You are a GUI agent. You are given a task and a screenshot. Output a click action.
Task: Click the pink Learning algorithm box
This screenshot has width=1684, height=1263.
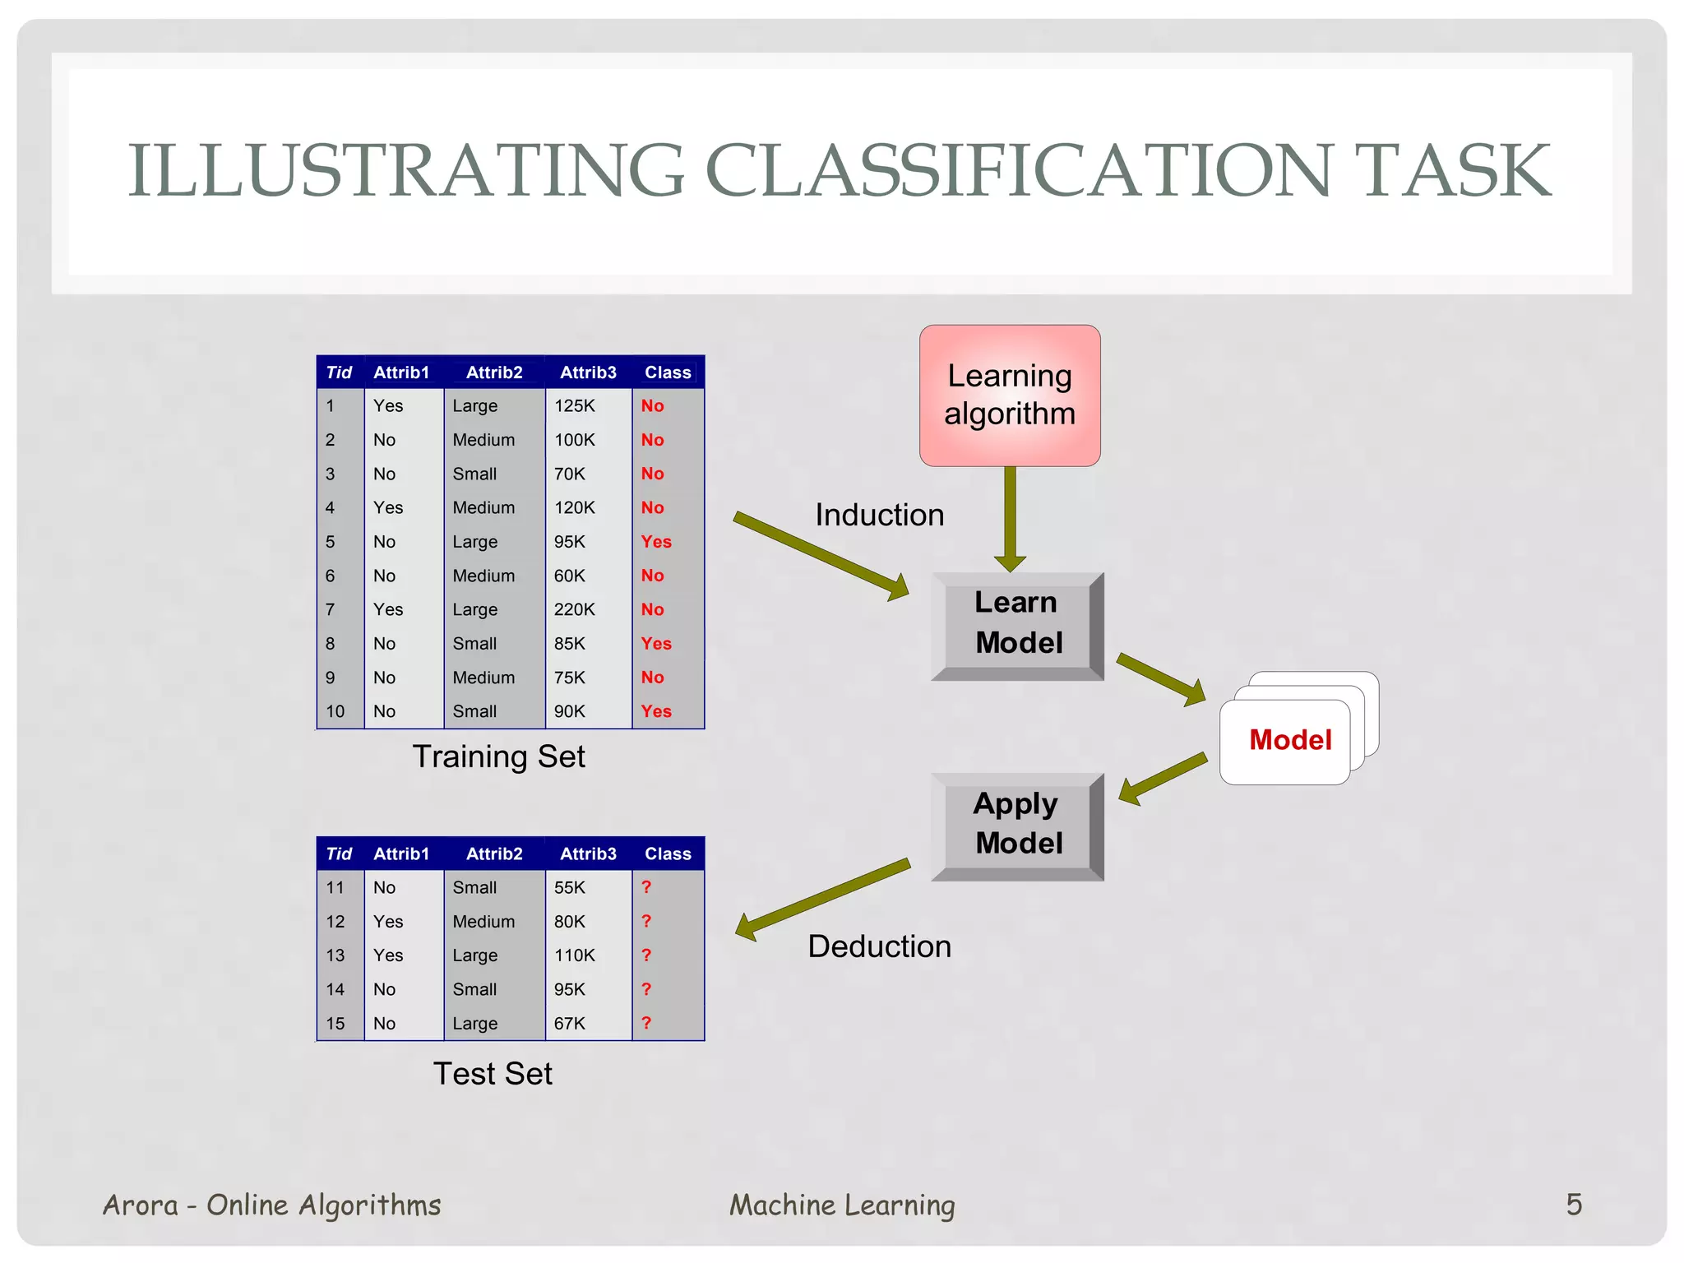tap(1010, 395)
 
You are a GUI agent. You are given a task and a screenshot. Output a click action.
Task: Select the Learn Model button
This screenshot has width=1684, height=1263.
tap(1018, 624)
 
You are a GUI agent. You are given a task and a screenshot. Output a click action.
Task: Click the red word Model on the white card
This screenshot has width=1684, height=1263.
tap(1289, 740)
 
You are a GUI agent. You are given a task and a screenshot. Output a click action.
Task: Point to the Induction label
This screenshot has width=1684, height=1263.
tap(879, 516)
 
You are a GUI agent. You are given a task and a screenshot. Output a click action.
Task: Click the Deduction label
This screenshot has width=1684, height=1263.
tap(879, 946)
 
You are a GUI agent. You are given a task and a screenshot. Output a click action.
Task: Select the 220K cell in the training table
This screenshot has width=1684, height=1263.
tap(574, 610)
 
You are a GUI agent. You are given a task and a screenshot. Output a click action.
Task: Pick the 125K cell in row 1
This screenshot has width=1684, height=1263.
tap(574, 406)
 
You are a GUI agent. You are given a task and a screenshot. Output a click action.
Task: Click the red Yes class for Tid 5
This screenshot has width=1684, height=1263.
tap(656, 542)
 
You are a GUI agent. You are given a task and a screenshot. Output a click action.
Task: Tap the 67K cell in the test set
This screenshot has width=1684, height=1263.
tap(569, 1024)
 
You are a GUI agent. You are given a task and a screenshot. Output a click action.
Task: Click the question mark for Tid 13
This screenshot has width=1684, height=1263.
tap(646, 955)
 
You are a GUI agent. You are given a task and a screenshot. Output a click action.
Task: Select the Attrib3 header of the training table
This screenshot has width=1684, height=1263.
tap(588, 372)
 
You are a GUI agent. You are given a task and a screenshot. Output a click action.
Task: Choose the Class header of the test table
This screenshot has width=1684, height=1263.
tap(668, 854)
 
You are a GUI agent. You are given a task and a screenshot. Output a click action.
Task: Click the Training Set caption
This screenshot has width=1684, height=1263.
tap(498, 756)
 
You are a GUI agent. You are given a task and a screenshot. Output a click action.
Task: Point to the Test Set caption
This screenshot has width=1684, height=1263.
tap(493, 1074)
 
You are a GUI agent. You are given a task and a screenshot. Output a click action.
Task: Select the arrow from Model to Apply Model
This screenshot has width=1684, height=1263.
tap(1163, 778)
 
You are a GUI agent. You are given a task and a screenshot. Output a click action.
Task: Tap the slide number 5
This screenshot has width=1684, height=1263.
tap(1574, 1205)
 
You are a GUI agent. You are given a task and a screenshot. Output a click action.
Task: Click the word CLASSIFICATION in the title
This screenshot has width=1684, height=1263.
tap(1017, 170)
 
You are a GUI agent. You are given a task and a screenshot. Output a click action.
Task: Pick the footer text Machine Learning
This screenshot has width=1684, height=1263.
tap(842, 1205)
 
